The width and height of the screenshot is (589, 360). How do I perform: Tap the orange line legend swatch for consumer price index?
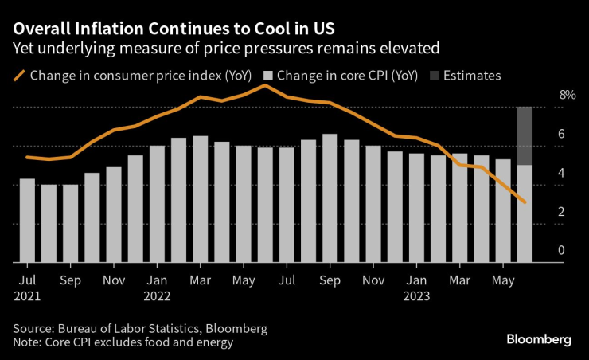click(19, 76)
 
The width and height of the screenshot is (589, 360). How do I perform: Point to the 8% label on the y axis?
click(567, 95)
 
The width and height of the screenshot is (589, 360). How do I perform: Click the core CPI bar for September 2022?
click(330, 198)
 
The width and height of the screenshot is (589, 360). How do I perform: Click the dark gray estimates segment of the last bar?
click(525, 135)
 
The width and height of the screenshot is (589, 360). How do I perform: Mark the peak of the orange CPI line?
click(265, 84)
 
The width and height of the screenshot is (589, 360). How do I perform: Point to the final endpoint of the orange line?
click(525, 202)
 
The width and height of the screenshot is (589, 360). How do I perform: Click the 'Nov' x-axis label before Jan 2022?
click(114, 281)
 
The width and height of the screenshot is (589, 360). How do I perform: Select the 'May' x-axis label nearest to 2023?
click(502, 281)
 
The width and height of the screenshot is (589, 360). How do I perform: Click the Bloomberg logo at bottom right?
click(539, 339)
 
